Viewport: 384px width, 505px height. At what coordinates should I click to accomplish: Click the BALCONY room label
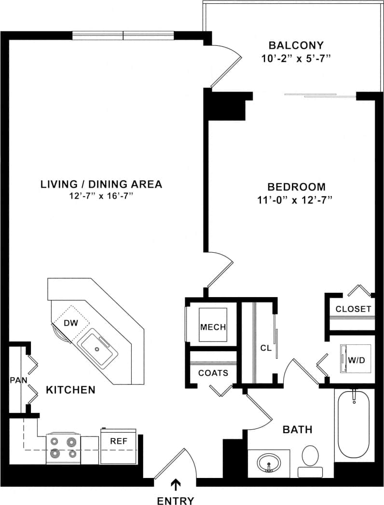point(295,46)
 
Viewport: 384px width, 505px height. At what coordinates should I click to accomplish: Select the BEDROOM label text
point(296,187)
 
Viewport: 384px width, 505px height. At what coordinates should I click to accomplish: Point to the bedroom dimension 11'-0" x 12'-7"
point(296,199)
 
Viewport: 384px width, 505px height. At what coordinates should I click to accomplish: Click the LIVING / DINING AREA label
point(101,184)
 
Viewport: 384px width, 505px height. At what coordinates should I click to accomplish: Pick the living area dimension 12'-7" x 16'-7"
point(101,196)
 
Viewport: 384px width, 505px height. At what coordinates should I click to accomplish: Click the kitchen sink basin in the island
point(98,347)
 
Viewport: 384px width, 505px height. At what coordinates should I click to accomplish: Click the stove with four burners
point(63,448)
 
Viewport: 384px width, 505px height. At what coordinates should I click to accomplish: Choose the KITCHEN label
point(70,389)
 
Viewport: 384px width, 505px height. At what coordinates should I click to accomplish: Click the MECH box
point(213,327)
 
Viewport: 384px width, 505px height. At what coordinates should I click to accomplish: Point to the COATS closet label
point(213,373)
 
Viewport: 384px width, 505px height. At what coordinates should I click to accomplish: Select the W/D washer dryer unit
point(356,359)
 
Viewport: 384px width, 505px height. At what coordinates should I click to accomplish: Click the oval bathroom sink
point(268,464)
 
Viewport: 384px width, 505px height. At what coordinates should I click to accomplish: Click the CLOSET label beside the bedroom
point(353,309)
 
